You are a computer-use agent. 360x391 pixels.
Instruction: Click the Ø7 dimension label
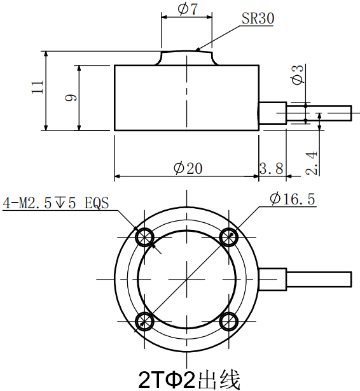(x=186, y=9)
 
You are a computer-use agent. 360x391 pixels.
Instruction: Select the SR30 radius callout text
(x=258, y=19)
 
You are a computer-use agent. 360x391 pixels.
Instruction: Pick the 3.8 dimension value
(x=272, y=168)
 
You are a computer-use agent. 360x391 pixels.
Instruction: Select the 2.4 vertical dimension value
(x=311, y=163)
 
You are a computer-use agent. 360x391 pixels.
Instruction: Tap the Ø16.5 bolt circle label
(x=292, y=199)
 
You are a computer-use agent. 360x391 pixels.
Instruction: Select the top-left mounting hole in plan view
(x=146, y=237)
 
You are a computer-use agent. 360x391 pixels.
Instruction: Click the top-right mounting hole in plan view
(x=228, y=237)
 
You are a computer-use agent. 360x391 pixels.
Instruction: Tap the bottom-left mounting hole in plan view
(x=146, y=320)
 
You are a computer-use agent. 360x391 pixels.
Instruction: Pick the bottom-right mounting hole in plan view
(x=228, y=320)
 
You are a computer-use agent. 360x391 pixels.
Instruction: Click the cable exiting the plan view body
(x=318, y=279)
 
